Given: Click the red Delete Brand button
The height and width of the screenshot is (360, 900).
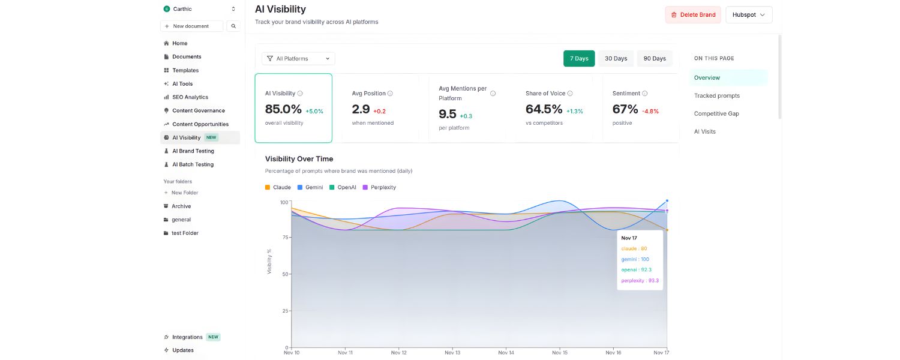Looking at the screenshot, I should coord(692,15).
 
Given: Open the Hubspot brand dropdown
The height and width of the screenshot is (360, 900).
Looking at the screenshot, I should coord(748,15).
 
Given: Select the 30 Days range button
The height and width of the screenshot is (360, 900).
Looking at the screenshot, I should coord(616,58).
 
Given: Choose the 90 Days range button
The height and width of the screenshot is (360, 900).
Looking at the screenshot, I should coord(655,58).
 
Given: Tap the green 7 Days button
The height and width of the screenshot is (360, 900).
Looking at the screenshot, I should coord(578,58).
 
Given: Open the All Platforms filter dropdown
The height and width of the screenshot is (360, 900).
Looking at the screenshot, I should coord(298,58).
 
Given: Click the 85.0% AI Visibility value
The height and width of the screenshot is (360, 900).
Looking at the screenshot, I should coord(283,109).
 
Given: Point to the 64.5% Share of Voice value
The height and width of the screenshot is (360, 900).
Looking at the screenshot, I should coord(544,109).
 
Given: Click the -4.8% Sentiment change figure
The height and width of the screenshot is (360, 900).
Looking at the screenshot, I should coord(650,111).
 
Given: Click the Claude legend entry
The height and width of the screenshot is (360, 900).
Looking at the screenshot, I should coord(281,187).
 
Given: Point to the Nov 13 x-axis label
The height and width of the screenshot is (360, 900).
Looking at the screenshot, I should coord(452,353).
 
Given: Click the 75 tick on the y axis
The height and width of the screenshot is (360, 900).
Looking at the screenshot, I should coord(284,238).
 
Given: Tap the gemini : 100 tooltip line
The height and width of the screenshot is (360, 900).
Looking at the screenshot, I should coord(635,259).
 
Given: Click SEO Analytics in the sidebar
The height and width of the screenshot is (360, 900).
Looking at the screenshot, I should coord(190,97).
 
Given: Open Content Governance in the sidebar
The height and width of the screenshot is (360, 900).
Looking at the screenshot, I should coord(198,110).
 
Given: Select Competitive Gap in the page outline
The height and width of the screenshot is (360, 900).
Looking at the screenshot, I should coord(716,113).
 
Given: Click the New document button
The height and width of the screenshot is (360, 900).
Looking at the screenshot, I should coord(191,26).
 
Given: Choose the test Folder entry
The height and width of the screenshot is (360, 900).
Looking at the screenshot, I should coord(185,233).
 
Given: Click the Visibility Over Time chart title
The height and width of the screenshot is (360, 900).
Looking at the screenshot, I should coord(299,159).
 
